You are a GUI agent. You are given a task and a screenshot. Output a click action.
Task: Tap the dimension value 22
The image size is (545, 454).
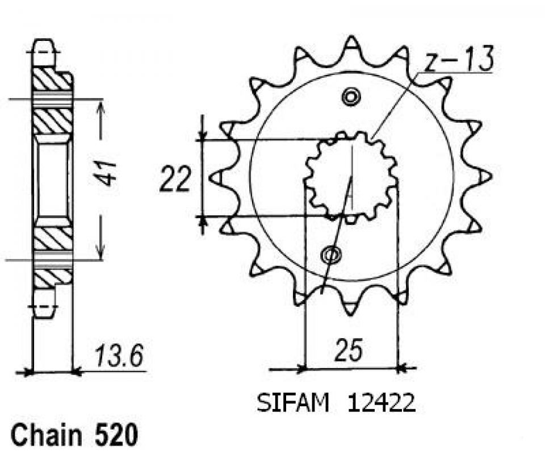175,180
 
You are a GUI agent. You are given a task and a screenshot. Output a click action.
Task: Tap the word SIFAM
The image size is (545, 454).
292,403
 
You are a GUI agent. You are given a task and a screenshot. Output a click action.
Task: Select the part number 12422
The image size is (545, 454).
381,403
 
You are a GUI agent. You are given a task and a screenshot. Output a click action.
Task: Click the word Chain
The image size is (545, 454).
47,435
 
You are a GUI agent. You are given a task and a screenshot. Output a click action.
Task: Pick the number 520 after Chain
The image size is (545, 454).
116,435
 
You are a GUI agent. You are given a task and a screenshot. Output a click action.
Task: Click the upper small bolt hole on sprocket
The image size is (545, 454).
351,96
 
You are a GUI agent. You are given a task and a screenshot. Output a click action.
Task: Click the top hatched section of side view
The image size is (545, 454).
52,80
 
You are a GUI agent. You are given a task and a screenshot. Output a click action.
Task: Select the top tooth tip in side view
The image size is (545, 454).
44,41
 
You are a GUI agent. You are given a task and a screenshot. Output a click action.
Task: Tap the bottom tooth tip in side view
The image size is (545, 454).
44,315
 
